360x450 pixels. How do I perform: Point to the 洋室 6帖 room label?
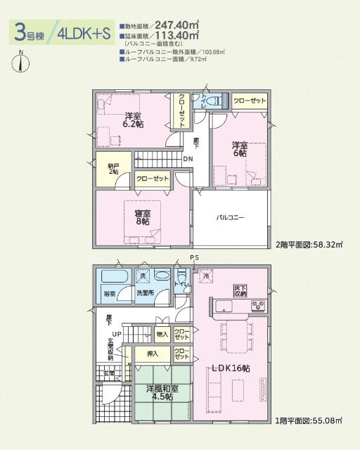tap(240, 148)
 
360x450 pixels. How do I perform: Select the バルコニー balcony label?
tap(231, 219)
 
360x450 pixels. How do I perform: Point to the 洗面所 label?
tap(146, 292)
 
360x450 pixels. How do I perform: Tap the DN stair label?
tap(188, 160)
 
